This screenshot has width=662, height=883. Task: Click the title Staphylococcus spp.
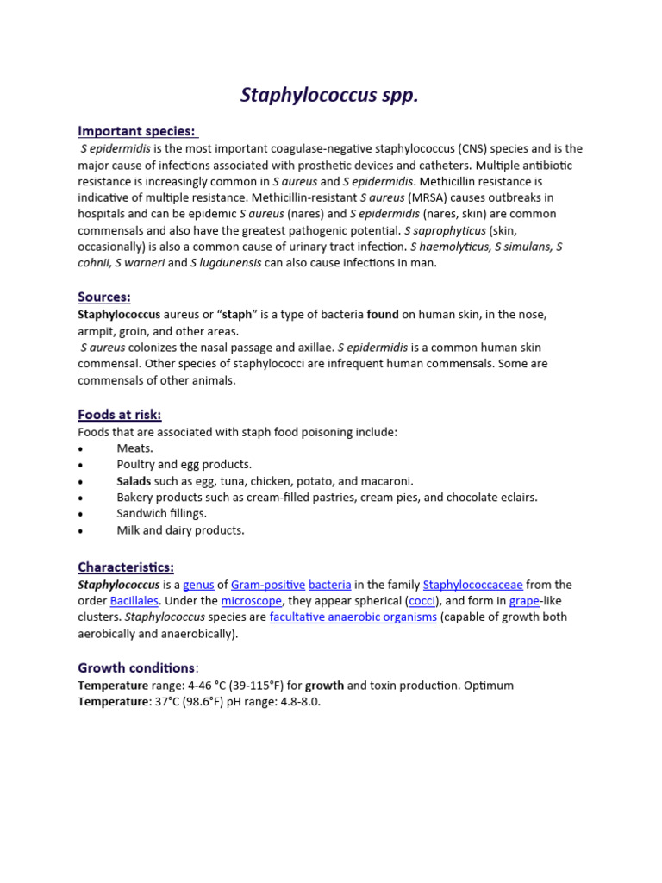[329, 95]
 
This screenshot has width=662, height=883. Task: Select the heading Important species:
[137, 131]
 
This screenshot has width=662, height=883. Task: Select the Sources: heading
[104, 297]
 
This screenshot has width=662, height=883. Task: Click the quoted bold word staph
[238, 315]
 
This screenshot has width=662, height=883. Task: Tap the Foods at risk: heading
[119, 415]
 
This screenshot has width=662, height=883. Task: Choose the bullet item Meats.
[134, 448]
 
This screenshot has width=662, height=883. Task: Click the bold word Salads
[134, 481]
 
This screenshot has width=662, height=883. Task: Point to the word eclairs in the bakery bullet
[517, 498]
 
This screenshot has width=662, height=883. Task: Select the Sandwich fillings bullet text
[162, 514]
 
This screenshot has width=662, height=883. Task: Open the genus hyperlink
[198, 585]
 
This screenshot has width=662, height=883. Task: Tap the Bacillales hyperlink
[134, 601]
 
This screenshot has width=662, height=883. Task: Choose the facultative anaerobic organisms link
[353, 617]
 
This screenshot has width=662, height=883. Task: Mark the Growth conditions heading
[136, 667]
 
